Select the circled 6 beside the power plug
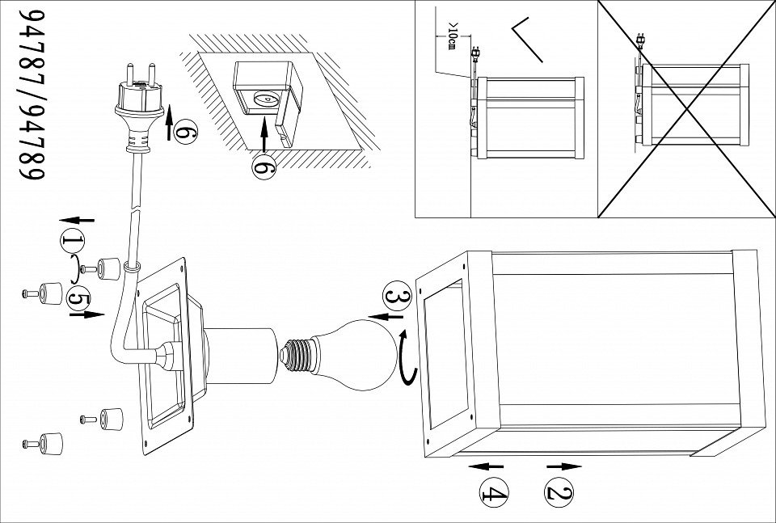click(x=183, y=130)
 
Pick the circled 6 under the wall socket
click(x=264, y=168)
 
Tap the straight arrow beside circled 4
click(x=486, y=466)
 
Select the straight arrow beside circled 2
click(x=565, y=466)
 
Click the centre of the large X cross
click(x=686, y=108)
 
